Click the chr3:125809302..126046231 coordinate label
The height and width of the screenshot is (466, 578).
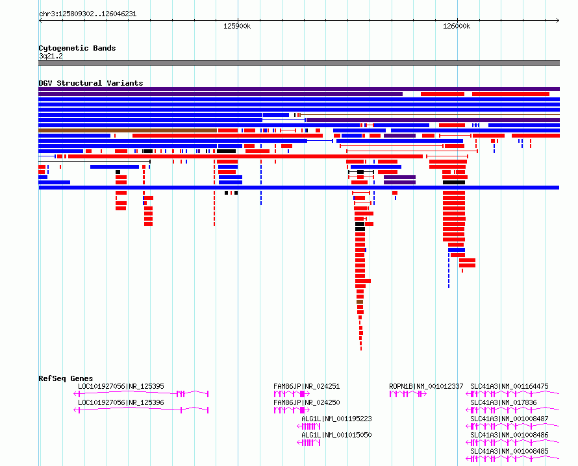[88, 14]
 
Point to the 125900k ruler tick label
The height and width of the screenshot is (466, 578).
[237, 26]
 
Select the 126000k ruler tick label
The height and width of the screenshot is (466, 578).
[457, 26]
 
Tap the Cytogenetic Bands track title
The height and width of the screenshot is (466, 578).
[77, 48]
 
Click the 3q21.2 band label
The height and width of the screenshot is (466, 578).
[51, 56]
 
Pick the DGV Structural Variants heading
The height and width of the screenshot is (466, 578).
[91, 83]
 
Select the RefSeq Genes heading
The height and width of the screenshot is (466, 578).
[66, 378]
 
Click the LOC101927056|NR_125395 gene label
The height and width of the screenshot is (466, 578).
[121, 386]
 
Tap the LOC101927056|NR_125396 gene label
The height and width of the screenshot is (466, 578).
[121, 402]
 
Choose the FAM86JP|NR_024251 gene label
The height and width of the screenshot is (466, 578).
[307, 386]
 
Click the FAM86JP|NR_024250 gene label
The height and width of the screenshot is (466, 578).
[307, 402]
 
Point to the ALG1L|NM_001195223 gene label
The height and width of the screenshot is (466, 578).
[336, 419]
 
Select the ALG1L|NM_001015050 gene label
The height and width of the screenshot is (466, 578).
[336, 435]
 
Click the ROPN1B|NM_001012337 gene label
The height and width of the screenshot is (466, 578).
[426, 386]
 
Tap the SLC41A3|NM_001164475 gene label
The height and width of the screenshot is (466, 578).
[509, 386]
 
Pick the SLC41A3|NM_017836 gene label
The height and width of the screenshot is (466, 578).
[503, 402]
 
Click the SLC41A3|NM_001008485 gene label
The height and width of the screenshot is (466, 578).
[509, 451]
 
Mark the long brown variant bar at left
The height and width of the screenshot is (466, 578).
[127, 130]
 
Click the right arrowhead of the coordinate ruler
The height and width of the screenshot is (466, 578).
[559, 21]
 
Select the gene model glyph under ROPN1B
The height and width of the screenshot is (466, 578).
[408, 394]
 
